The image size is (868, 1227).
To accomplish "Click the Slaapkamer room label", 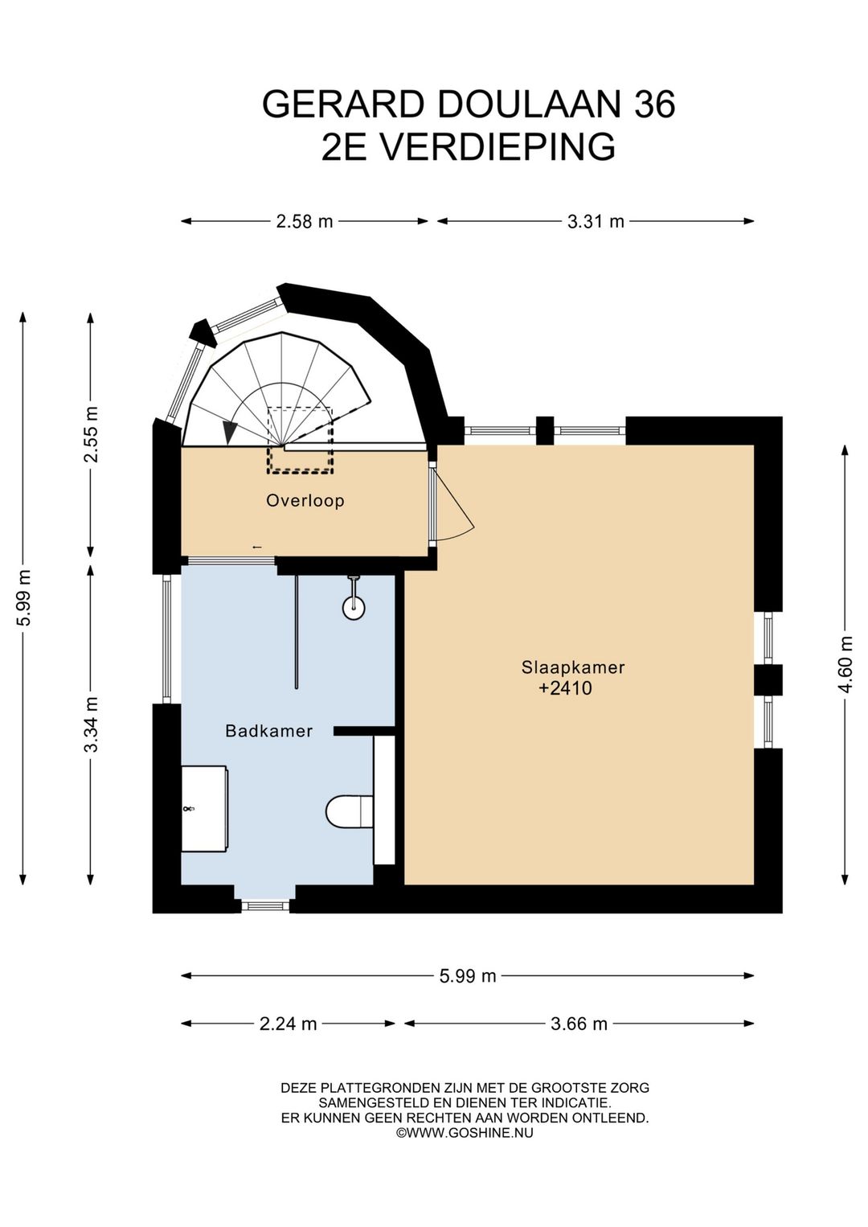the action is click(x=573, y=667).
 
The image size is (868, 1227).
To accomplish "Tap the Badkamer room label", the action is click(x=269, y=731).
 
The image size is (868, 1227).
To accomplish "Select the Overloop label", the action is click(x=305, y=501).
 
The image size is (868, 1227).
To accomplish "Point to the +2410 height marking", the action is click(x=565, y=688).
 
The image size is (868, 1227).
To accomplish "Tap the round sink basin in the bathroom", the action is click(x=354, y=608).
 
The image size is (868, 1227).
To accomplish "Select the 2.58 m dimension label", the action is click(x=305, y=221).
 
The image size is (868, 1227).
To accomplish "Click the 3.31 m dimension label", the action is click(x=596, y=221).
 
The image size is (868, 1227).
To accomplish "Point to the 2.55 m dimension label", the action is click(x=92, y=434).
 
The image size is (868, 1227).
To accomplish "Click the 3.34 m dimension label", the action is click(x=92, y=724).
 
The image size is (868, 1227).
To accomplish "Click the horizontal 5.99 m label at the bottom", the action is click(x=468, y=975).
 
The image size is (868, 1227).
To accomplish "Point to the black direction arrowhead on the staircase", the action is click(x=231, y=433).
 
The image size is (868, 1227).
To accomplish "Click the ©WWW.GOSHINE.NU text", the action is click(x=465, y=1132).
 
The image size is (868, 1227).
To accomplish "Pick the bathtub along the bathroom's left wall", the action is click(x=204, y=808).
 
